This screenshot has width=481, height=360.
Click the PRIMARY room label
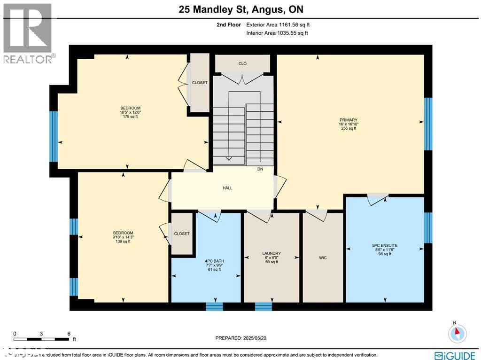pos(349,120)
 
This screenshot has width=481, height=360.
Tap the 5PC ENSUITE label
pos(385,245)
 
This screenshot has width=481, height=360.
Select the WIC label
pos(323,258)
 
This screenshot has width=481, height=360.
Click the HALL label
pos(227,188)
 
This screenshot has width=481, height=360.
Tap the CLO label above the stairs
pos(242,63)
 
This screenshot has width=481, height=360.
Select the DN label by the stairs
pos(260,169)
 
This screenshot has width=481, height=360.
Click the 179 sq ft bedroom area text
pos(130,117)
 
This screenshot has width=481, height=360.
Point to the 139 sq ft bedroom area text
pos(123,242)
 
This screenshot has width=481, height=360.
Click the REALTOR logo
pos(28,33)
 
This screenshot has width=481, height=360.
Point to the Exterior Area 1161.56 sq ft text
pos(277,24)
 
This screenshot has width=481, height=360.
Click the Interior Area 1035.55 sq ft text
pos(277,33)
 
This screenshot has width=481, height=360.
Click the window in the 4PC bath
pos(215,306)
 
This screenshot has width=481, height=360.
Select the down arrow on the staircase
pos(229,157)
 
